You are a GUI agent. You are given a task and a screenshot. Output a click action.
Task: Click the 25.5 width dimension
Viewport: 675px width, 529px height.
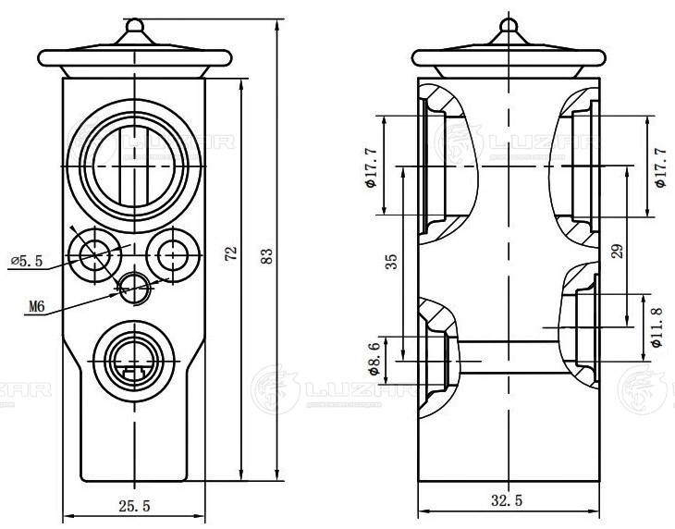133,504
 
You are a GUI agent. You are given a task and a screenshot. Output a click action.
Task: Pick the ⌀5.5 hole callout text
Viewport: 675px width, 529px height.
27,262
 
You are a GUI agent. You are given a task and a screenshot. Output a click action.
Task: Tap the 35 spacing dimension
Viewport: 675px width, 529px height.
392,261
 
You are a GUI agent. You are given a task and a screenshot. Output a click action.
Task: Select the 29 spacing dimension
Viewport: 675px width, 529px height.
618,250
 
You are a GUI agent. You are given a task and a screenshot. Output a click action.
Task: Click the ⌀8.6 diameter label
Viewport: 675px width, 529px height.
373,357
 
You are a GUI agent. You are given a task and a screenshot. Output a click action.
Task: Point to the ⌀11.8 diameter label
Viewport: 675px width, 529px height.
657,326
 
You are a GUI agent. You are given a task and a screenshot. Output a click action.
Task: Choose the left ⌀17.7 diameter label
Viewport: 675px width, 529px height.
370,167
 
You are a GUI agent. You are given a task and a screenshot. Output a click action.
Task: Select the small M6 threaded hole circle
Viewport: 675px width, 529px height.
136,286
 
